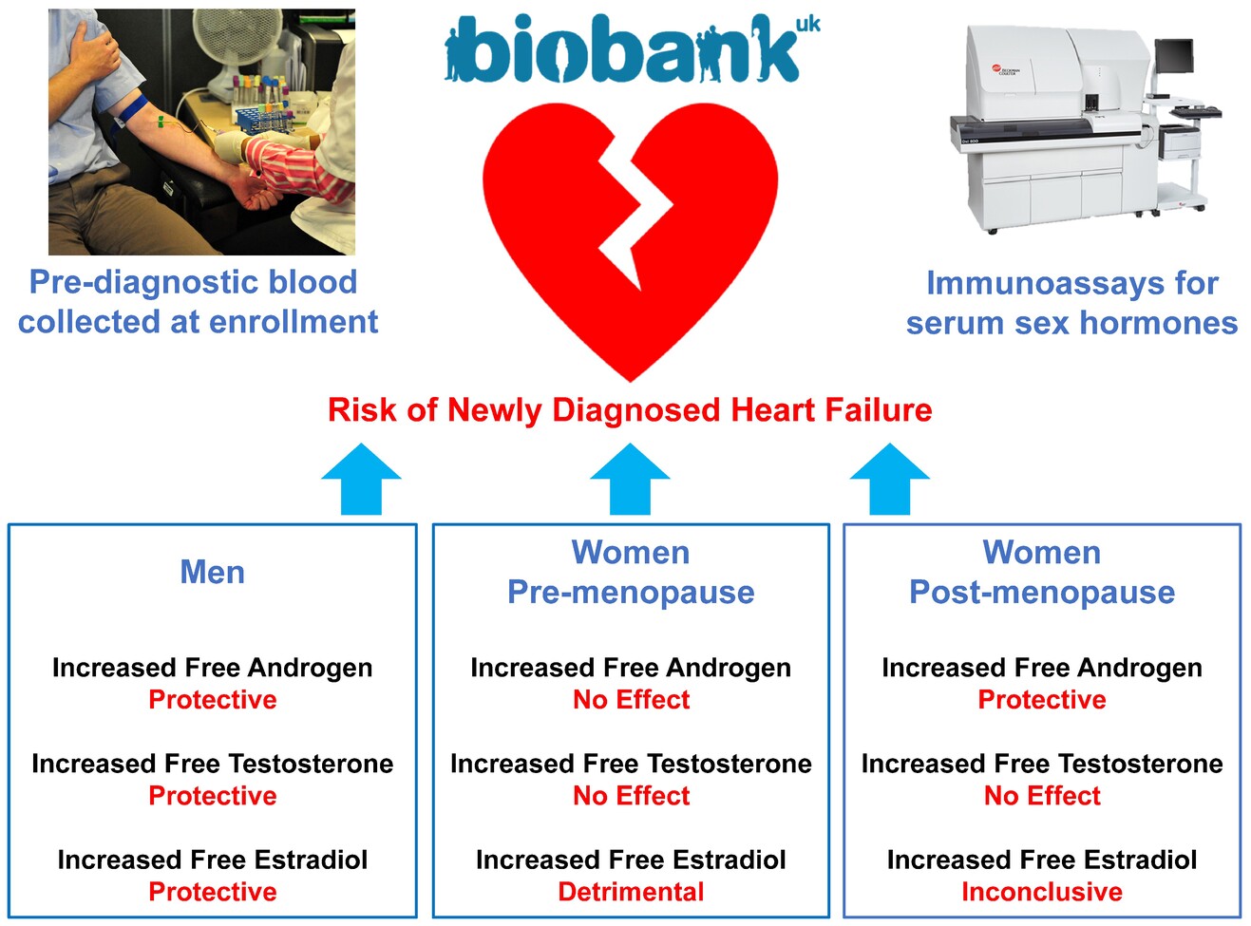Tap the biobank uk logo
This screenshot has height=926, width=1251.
coord(632,49)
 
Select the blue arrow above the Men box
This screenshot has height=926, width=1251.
coord(361,479)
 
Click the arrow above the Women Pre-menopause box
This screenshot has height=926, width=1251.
coord(630,479)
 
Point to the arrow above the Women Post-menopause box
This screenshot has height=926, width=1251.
coord(889,479)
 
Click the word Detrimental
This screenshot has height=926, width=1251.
coord(631,892)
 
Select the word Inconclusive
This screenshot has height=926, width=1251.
coord(1042,892)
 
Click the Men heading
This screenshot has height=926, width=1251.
coord(213,572)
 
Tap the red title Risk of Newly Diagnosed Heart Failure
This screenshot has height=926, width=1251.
coord(630,410)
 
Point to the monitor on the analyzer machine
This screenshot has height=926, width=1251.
coord(1174,56)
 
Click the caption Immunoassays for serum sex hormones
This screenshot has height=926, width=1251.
coord(1071,303)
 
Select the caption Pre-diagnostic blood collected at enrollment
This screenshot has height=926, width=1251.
coord(198,302)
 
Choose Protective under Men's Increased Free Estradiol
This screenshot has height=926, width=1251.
coord(213,892)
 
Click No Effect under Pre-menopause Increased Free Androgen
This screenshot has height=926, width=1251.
coord(631,700)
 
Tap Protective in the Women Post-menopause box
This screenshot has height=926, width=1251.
coord(1042,700)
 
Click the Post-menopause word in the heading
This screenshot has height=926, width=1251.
coord(1042,592)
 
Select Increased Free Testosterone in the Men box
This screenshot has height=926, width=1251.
coord(213,764)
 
